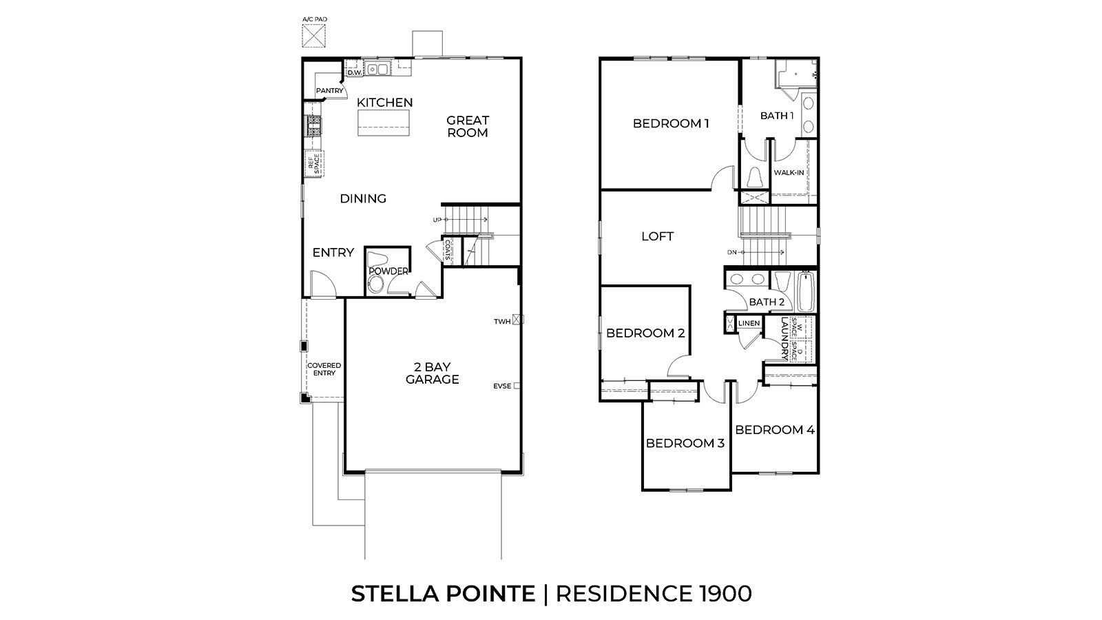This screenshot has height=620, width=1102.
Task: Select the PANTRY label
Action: pyautogui.click(x=329, y=91)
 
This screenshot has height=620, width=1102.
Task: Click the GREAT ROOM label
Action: pyautogui.click(x=468, y=126)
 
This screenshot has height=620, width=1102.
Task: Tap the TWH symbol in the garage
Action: pyautogui.click(x=519, y=320)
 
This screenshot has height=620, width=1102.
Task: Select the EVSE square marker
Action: pyautogui.click(x=517, y=386)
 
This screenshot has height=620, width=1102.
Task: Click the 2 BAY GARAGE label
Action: pyautogui.click(x=432, y=373)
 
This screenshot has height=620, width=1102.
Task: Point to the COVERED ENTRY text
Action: pyautogui.click(x=324, y=369)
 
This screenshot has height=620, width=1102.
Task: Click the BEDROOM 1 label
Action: pyautogui.click(x=671, y=124)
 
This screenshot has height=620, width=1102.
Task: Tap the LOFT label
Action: pyautogui.click(x=657, y=236)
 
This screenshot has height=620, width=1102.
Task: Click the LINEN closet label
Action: pyautogui.click(x=749, y=323)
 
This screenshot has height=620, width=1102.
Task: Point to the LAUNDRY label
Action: pyautogui.click(x=784, y=338)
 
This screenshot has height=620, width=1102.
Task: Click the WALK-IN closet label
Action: pyautogui.click(x=789, y=173)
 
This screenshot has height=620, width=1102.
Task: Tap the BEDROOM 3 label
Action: pyautogui.click(x=685, y=443)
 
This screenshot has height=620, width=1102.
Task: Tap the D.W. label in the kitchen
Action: pyautogui.click(x=354, y=72)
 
